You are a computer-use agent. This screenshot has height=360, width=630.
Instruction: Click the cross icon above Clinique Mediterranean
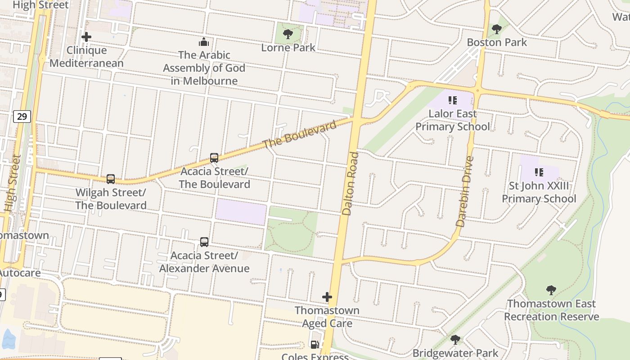pyautogui.click(x=86, y=37)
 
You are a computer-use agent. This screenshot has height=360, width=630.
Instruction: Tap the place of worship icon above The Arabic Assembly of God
pyautogui.click(x=204, y=42)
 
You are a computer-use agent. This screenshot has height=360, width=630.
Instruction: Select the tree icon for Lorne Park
pyautogui.click(x=288, y=34)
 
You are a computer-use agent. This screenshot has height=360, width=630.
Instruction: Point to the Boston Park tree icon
pyautogui.click(x=497, y=29)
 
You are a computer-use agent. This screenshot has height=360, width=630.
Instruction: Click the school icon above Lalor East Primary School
pyautogui.click(x=452, y=100)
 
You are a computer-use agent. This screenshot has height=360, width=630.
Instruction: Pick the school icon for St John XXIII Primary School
pyautogui.click(x=539, y=172)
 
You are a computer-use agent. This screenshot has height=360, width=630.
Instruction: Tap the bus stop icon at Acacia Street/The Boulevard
pyautogui.click(x=214, y=158)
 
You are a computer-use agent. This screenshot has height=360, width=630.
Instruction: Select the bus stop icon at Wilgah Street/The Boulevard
pyautogui.click(x=111, y=179)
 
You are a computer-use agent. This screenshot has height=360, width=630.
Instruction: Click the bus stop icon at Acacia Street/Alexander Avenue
pyautogui.click(x=204, y=242)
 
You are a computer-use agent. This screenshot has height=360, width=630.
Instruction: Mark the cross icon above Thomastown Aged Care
pyautogui.click(x=327, y=297)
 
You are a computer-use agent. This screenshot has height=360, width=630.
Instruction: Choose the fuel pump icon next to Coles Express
pyautogui.click(x=315, y=345)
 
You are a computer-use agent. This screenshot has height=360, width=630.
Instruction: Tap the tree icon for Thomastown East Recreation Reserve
pyautogui.click(x=551, y=290)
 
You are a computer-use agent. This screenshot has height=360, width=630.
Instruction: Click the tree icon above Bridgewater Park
pyautogui.click(x=455, y=339)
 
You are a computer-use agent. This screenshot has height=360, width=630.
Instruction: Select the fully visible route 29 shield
pyautogui.click(x=22, y=117)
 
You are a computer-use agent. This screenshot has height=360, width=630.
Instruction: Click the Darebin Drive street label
pyautogui.click(x=465, y=191)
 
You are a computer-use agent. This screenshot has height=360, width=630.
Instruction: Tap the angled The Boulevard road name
pyautogui.click(x=300, y=134)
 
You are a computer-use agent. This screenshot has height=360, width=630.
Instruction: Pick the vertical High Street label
pyautogui.click(x=13, y=184)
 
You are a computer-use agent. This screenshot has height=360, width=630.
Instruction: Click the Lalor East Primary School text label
pyautogui.click(x=452, y=120)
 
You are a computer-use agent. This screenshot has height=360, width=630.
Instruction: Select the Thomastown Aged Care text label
pyautogui.click(x=327, y=317)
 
